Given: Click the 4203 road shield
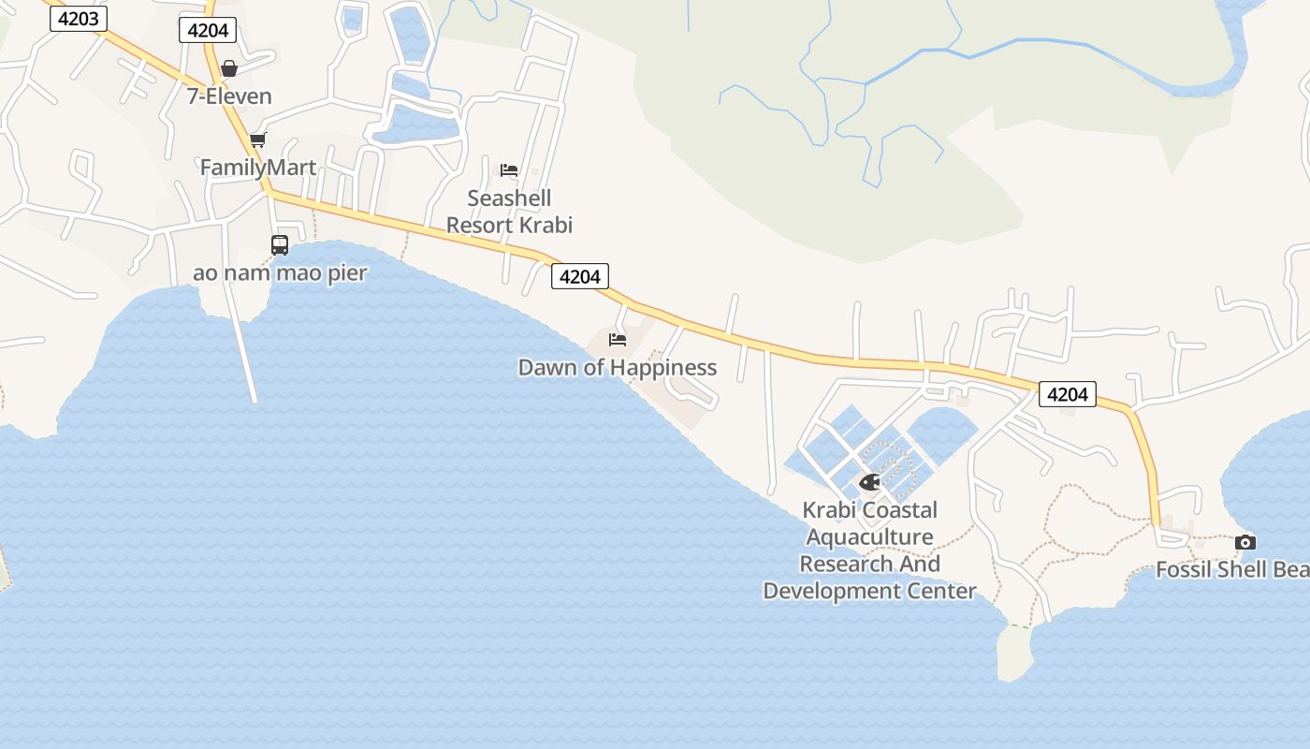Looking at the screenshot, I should click(x=79, y=18).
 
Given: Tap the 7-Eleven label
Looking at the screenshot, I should click(x=229, y=95).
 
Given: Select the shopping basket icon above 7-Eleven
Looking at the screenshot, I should click(x=229, y=68).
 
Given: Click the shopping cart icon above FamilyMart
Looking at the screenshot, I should click(x=257, y=140).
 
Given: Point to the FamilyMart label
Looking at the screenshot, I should click(x=258, y=168).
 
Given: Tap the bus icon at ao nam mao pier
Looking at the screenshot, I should click(x=279, y=245).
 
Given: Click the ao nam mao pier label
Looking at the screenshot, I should click(x=280, y=273).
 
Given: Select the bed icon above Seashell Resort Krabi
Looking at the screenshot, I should click(x=509, y=170).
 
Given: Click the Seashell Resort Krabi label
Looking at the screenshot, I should click(x=509, y=212).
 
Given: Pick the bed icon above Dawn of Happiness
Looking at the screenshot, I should click(x=617, y=339).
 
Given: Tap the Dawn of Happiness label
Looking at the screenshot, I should click(x=618, y=367).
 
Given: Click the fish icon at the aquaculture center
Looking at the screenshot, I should click(x=869, y=482).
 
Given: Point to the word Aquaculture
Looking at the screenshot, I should click(x=869, y=537).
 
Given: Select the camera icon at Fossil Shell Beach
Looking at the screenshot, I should click(x=1244, y=542).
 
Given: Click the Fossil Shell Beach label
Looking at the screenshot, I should click(x=1231, y=569).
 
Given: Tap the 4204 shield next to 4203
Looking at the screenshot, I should click(x=208, y=30).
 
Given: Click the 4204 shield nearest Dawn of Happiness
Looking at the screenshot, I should click(x=580, y=275).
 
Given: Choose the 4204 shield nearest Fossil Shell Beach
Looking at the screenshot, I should click(x=1067, y=394).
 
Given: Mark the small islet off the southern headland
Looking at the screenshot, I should click(x=1014, y=653).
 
